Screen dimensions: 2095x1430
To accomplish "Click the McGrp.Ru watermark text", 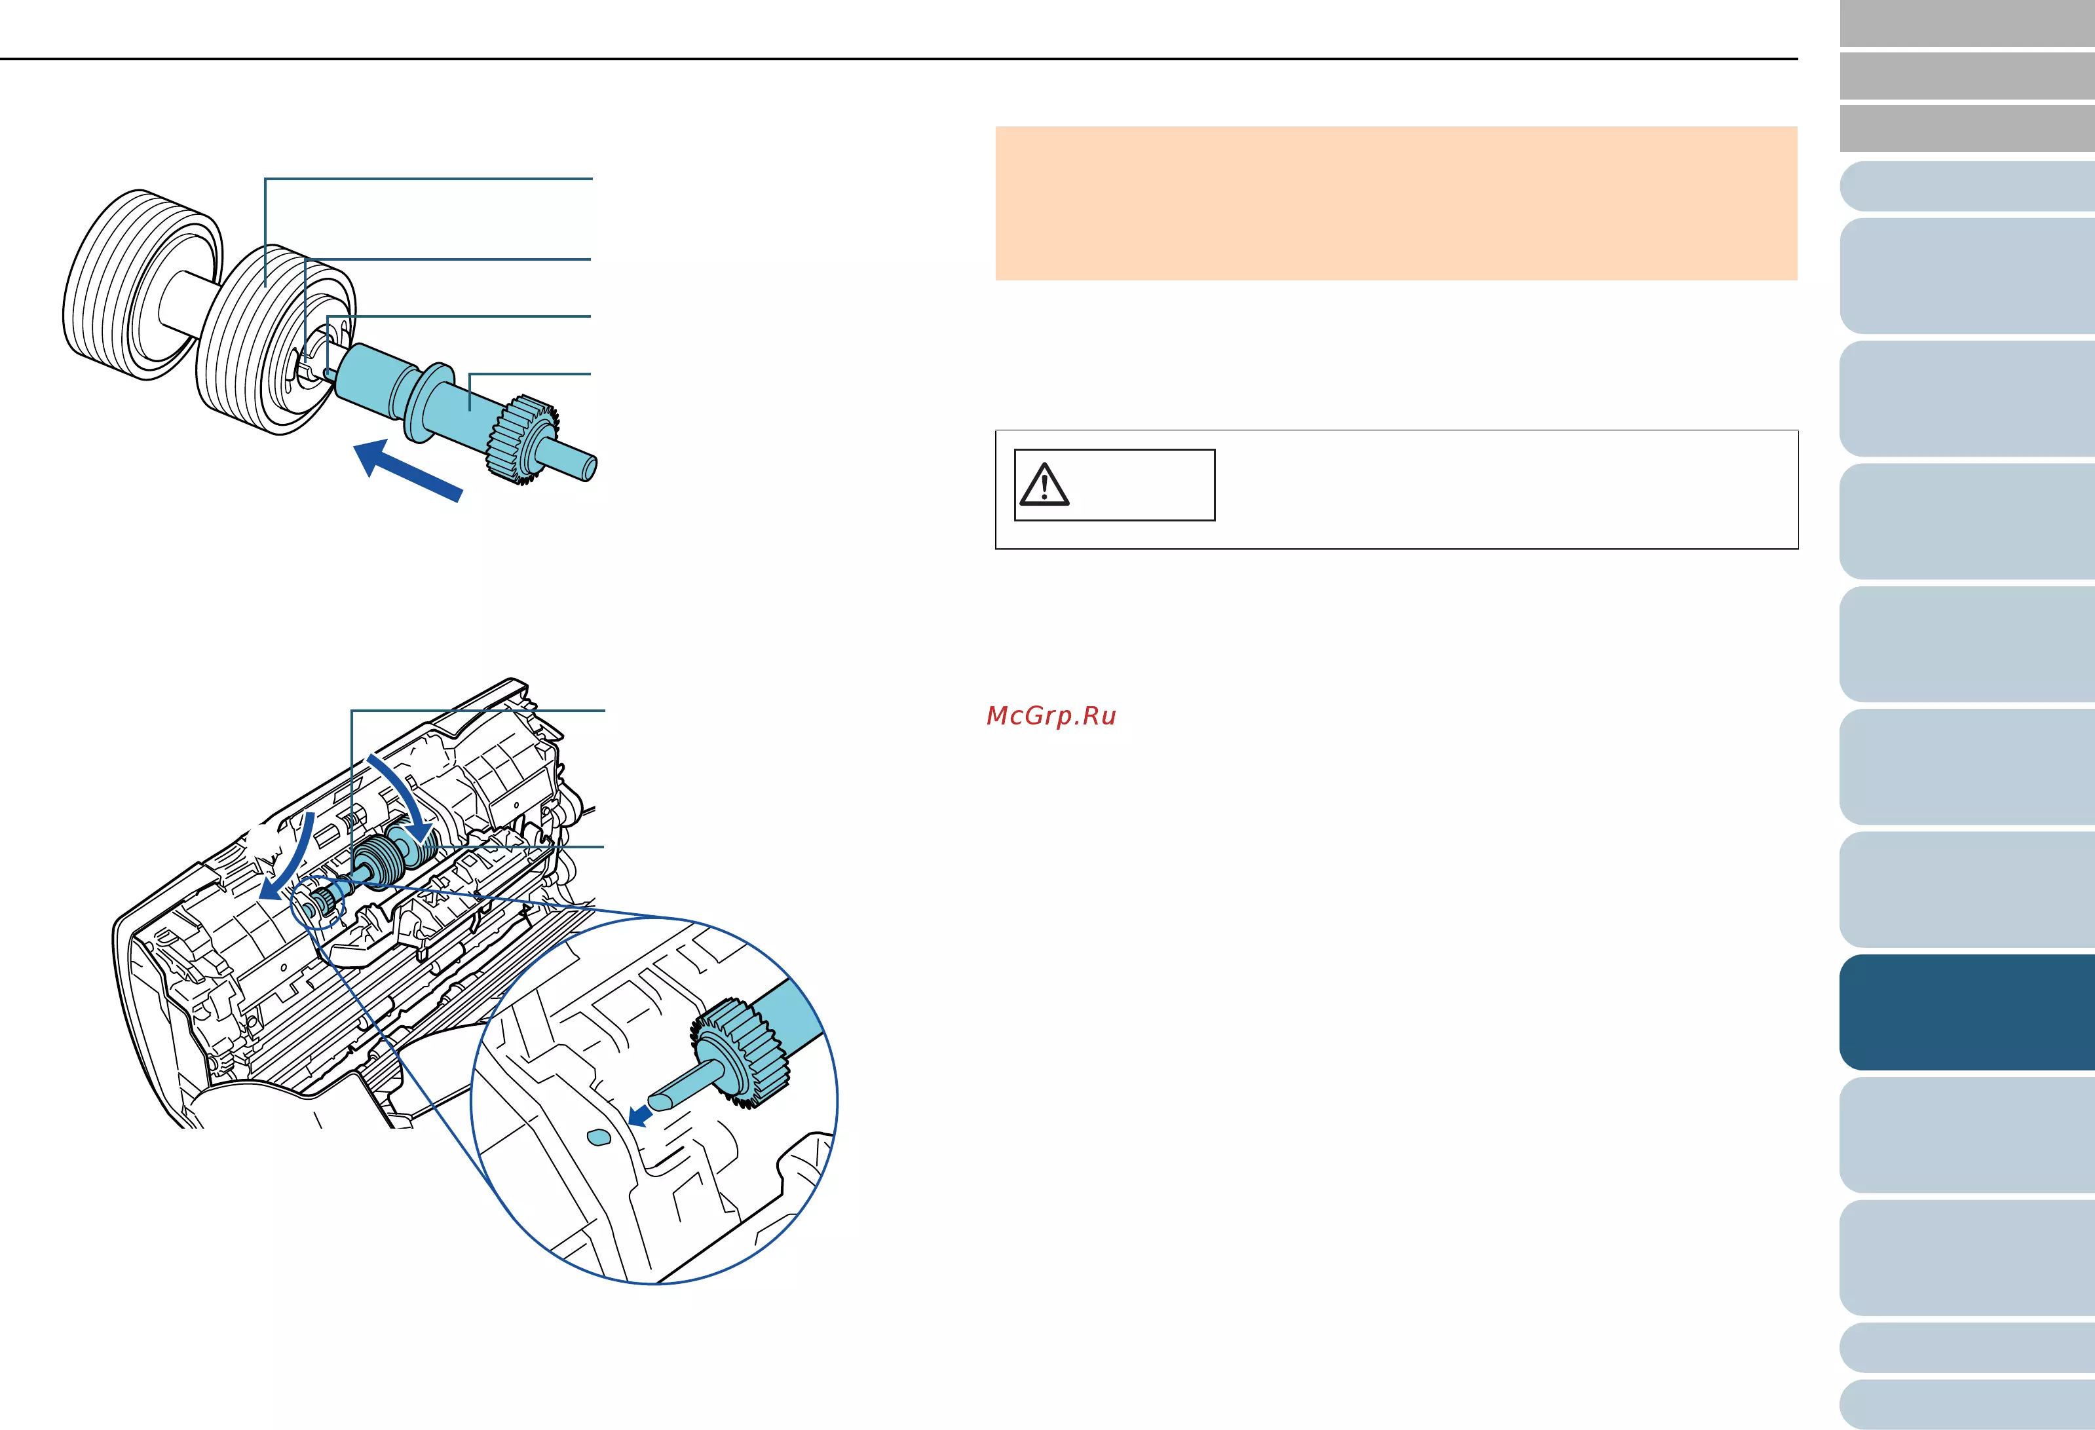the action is pyautogui.click(x=1051, y=716).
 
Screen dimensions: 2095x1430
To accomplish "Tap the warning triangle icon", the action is pyautogui.click(x=1044, y=485).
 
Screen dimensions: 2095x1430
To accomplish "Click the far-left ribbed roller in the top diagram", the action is pyautogui.click(x=142, y=285).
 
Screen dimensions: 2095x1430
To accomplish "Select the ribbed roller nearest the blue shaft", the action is pyautogui.click(x=275, y=340).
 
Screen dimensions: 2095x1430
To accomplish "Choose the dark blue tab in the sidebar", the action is pyautogui.click(x=1966, y=1013).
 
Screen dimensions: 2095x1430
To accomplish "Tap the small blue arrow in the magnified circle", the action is pyautogui.click(x=640, y=1116).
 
